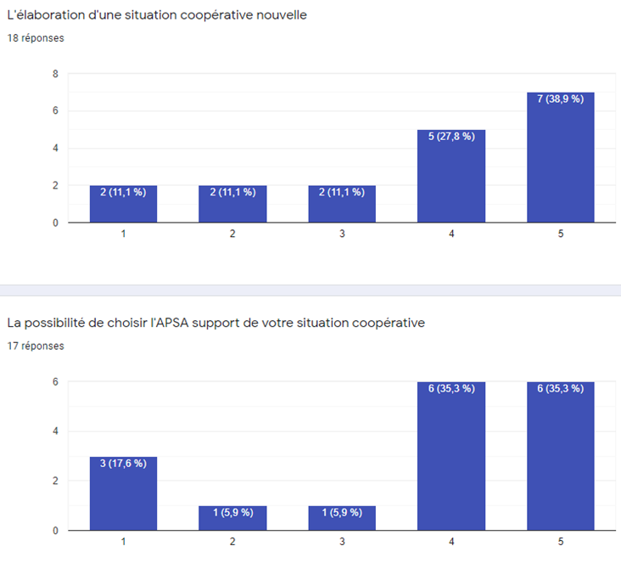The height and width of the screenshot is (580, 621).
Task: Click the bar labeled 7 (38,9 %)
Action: point(560,157)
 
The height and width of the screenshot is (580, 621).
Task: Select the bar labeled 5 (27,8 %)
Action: point(450,177)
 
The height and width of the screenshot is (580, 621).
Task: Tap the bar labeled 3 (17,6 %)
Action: point(123,493)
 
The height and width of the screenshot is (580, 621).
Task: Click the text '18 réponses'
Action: point(35,38)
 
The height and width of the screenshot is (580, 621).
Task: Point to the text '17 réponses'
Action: point(35,346)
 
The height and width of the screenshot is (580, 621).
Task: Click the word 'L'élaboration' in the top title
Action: point(43,15)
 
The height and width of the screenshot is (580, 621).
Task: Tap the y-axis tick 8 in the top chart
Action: point(55,74)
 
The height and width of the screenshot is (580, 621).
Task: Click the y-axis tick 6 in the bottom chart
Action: point(55,382)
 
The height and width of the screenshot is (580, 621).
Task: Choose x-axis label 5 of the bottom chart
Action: point(560,541)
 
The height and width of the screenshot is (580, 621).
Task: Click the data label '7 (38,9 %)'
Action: point(560,99)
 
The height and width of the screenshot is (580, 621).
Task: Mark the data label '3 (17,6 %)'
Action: point(123,464)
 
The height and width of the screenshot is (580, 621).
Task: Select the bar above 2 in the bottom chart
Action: point(232,518)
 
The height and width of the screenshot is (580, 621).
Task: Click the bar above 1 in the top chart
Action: point(123,204)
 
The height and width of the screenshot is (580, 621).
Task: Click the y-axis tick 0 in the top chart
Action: point(55,222)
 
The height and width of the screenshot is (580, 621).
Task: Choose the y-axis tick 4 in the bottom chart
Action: point(55,431)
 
